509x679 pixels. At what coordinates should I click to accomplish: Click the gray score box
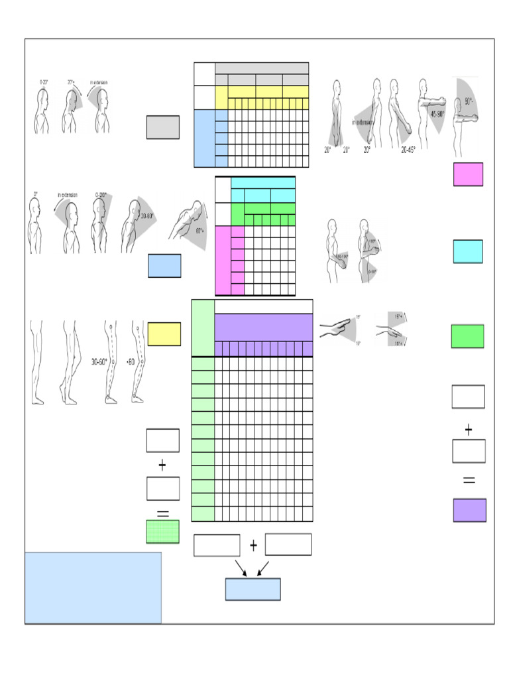point(162,127)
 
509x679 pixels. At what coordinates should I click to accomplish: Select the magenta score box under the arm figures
point(468,174)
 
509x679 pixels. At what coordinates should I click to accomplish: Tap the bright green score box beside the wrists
point(467,336)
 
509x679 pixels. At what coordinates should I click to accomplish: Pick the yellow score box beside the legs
point(164,334)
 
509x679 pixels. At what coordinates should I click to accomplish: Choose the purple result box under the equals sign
point(469,510)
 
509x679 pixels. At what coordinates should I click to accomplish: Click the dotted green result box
point(162,532)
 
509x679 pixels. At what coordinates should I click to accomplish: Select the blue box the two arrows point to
point(253,589)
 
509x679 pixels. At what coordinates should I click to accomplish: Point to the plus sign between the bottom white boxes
point(253,545)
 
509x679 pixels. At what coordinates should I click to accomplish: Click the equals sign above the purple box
point(469,480)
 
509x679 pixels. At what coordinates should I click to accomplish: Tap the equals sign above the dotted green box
point(162,512)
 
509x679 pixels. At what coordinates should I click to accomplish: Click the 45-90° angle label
point(437,113)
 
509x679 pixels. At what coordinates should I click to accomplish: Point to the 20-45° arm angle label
point(408,150)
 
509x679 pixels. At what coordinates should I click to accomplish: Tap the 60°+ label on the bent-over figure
point(199,231)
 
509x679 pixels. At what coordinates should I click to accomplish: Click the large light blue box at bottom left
point(93,587)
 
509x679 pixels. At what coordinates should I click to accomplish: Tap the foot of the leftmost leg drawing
point(38,401)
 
